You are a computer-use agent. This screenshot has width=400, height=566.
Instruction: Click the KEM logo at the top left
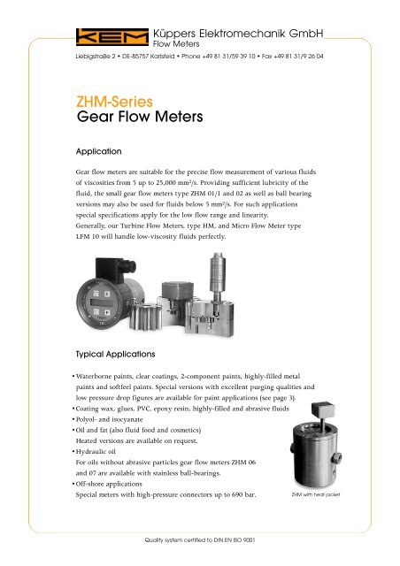[99, 35]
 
